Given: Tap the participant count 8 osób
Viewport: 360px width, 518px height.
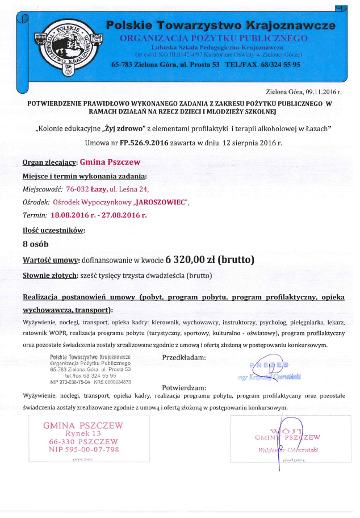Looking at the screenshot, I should pyautogui.click(x=36, y=244).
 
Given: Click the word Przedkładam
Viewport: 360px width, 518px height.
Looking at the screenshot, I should pyautogui.click(x=184, y=358).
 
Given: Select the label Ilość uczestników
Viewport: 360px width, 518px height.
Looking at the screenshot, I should pyautogui.click(x=53, y=231).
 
